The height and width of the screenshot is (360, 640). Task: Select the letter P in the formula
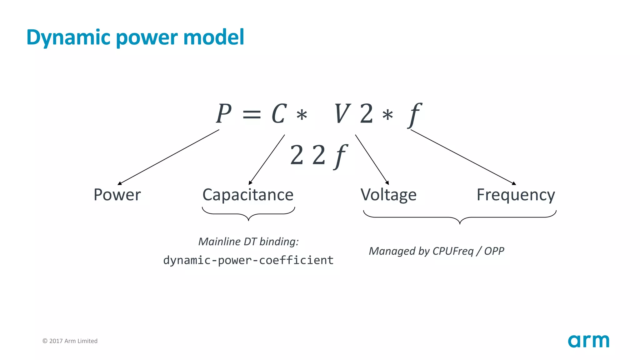pyautogui.click(x=224, y=114)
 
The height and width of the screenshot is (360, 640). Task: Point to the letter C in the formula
pyautogui.click(x=279, y=114)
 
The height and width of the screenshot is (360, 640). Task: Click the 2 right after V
pyautogui.click(x=366, y=114)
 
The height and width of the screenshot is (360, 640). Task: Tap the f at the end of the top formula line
pyautogui.click(x=415, y=115)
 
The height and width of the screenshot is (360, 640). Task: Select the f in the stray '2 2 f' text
pyautogui.click(x=340, y=156)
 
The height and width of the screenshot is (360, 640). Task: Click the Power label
pyautogui.click(x=117, y=195)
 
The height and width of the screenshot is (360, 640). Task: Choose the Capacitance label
pyautogui.click(x=248, y=195)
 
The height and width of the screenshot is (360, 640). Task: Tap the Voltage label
pyautogui.click(x=388, y=195)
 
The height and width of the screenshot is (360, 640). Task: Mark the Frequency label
pyautogui.click(x=516, y=195)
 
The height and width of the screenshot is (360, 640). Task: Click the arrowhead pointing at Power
pyautogui.click(x=120, y=183)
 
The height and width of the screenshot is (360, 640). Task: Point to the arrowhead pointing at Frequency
pyautogui.click(x=514, y=183)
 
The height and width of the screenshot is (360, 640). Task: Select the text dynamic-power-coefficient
pyautogui.click(x=248, y=260)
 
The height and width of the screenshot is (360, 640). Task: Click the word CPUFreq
pyautogui.click(x=453, y=251)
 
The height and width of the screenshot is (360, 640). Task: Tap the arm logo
pyautogui.click(x=588, y=341)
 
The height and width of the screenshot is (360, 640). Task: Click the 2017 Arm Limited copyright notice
pyautogui.click(x=70, y=341)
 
